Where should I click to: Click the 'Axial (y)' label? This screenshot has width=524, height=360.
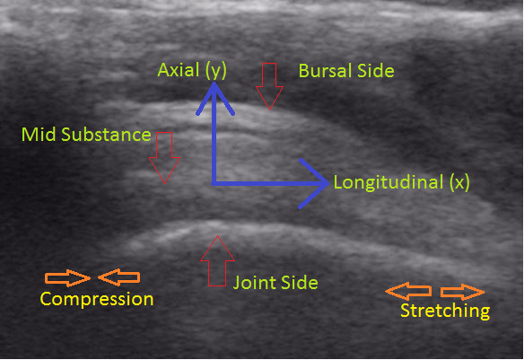192,71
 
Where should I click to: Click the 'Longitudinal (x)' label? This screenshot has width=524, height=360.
402,183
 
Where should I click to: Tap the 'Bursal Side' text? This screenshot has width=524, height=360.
346,71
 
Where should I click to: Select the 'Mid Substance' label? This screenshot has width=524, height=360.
86,135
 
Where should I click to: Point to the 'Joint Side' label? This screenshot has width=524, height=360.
275,283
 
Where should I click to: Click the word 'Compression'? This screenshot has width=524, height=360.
97,299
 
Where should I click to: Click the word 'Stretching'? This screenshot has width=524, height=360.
445,311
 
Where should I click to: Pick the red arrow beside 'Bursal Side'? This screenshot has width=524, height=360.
269,86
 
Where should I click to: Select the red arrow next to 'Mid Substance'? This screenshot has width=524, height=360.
164,157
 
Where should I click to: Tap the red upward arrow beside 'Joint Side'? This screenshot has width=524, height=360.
217,261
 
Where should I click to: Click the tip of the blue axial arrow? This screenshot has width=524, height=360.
214,83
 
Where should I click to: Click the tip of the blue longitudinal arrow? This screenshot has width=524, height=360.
327,183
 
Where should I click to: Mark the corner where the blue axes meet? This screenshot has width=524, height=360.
214,183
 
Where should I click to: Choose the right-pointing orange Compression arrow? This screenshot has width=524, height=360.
68,277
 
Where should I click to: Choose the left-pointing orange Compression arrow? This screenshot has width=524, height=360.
119,277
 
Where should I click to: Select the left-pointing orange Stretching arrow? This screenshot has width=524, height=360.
408,291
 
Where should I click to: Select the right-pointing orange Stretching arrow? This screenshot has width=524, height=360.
463,292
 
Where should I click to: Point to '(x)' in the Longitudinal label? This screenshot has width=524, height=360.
459,183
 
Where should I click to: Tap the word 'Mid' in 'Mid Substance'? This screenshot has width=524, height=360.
39,135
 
